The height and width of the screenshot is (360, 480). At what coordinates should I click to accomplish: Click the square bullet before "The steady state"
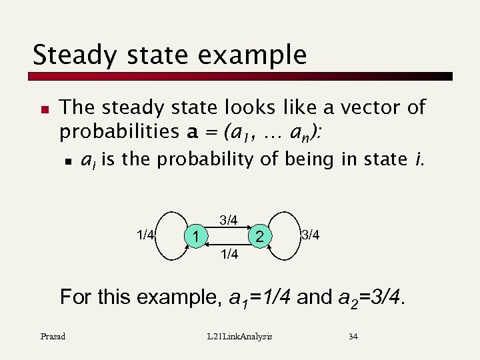tap(43, 107)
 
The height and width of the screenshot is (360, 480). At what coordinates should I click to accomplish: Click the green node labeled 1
tap(195, 235)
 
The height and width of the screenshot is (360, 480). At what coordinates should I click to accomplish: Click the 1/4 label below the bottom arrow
tap(229, 253)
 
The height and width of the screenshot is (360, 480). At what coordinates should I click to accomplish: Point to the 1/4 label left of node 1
tap(145, 235)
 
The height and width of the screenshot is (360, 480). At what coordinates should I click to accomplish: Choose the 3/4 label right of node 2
tap(310, 235)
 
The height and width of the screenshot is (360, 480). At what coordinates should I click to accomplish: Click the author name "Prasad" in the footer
tap(53, 337)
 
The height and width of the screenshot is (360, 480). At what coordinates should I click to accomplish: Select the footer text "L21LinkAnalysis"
tap(240, 337)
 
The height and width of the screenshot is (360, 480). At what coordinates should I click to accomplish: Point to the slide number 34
tap(353, 337)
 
